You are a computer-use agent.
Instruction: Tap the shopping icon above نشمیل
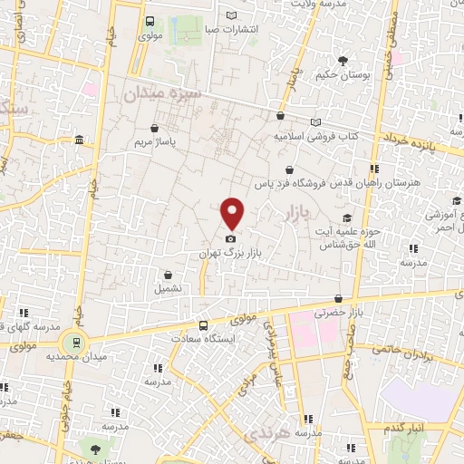169,275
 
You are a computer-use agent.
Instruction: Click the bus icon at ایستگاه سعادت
203,325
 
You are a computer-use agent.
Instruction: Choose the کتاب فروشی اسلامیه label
316,136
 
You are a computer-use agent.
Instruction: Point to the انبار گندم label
404,427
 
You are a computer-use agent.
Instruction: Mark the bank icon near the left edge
80,140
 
